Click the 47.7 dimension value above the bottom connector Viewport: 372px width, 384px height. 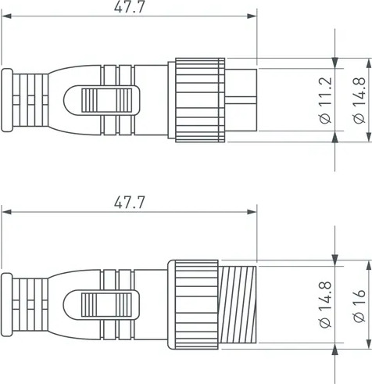pyautogui.click(x=130, y=203)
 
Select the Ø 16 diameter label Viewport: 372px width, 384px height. pyautogui.click(x=358, y=307)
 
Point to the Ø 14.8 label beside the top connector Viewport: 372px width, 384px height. pyautogui.click(x=358, y=102)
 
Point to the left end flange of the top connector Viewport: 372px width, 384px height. pyautogui.click(x=7, y=101)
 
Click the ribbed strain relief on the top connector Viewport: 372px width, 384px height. pyautogui.click(x=31, y=101)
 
